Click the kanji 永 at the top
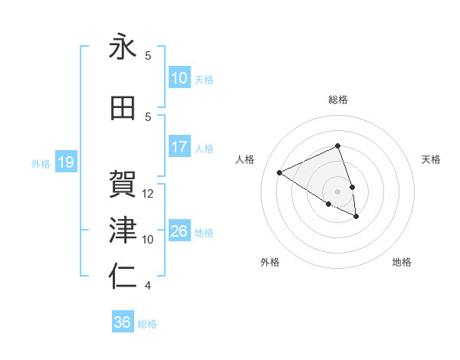pos(123,47)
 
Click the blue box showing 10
pos(179,78)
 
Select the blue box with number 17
pos(179,147)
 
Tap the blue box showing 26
pos(179,231)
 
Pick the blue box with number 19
pos(65,162)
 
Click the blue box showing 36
pos(123,322)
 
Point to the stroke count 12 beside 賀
pos(148,193)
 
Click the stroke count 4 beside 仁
pos(148,286)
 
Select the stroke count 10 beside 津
pos(148,239)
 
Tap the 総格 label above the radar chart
pos(338,100)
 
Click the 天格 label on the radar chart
pos(432,159)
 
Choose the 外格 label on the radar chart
pos(270,262)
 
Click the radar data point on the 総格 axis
pos(338,146)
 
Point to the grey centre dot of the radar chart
pos(338,191)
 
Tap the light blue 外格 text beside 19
pos(41,163)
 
